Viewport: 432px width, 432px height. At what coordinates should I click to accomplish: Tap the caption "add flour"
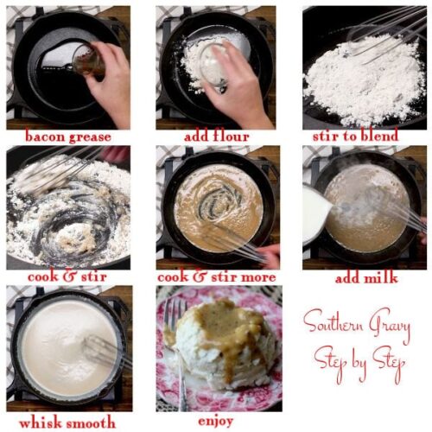tap(216, 137)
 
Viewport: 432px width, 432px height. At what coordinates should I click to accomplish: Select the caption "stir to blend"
tap(356, 137)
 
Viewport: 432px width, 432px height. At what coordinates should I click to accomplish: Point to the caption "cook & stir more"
tap(216, 277)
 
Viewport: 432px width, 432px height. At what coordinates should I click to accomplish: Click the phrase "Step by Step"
tap(360, 356)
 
